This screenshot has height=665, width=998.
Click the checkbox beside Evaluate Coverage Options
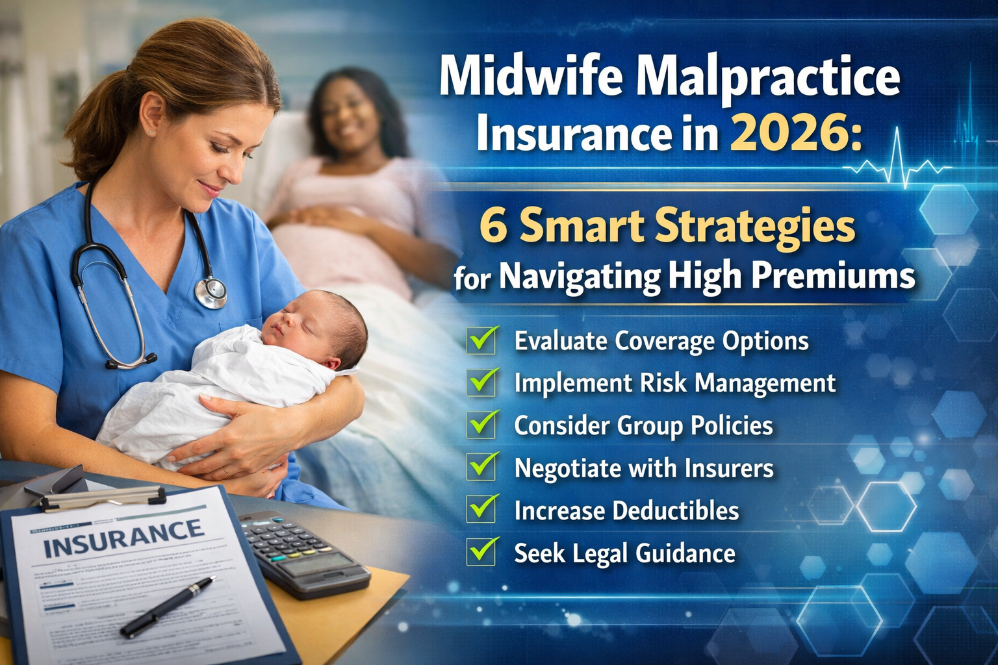point(482,340)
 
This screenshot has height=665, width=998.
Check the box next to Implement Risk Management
point(482,383)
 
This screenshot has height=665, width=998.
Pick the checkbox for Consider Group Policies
point(482,425)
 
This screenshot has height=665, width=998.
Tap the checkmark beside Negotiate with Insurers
point(482,467)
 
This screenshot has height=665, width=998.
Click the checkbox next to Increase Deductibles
point(482,510)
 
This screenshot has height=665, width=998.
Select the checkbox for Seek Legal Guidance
point(482,552)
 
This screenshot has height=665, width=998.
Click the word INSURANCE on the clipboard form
point(123,538)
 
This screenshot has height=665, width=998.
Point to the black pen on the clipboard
point(167,607)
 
